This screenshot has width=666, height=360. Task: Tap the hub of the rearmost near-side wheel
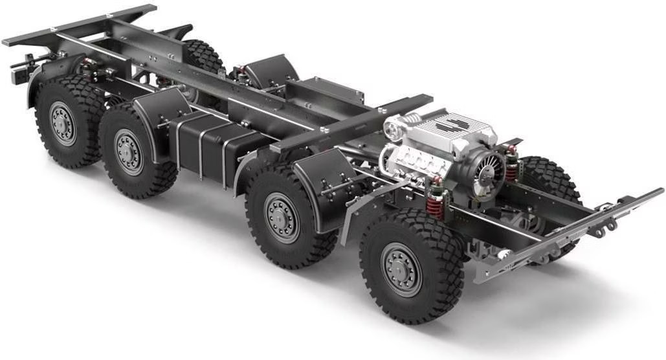[63, 123]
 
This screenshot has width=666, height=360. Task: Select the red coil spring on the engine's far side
[512, 164]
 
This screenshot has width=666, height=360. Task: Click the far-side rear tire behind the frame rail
[204, 57]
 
